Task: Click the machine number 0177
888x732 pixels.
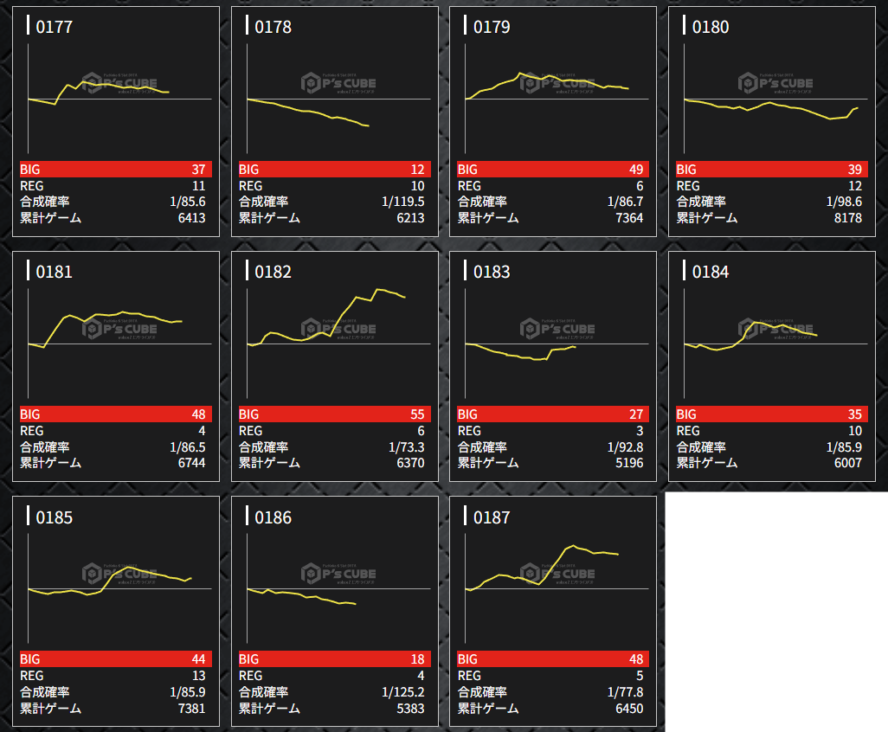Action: click(x=54, y=27)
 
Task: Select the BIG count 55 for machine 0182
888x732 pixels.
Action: click(x=416, y=414)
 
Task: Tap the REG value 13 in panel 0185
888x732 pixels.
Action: click(x=197, y=676)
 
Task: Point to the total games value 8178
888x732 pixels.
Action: click(x=844, y=218)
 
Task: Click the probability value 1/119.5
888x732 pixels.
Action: click(x=403, y=202)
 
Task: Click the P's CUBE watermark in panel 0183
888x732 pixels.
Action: click(x=557, y=329)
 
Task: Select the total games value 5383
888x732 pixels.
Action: click(x=407, y=709)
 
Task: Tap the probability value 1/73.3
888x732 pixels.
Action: click(x=407, y=447)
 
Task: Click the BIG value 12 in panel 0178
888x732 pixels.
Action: click(x=416, y=170)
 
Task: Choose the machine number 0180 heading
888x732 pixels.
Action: click(x=710, y=27)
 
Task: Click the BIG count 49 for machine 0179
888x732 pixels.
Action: click(x=635, y=170)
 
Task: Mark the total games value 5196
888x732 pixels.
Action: click(x=626, y=463)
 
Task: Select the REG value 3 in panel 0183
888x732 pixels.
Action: click(x=639, y=431)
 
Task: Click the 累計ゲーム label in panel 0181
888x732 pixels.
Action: click(x=51, y=463)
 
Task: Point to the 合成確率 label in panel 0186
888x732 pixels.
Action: click(x=263, y=692)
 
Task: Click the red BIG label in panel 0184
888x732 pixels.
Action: click(x=686, y=414)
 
